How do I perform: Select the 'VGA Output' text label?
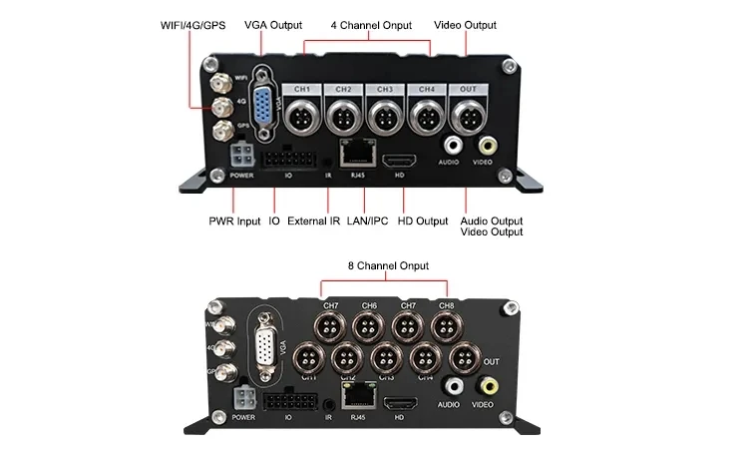[272, 25]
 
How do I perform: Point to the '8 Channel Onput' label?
[387, 266]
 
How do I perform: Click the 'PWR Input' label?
[234, 220]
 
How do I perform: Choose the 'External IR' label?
[313, 220]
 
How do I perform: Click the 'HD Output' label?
[423, 220]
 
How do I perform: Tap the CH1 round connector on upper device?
[303, 117]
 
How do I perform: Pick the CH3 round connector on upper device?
[384, 117]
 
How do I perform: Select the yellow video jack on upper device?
[483, 145]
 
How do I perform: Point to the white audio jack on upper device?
[451, 145]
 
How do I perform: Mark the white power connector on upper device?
[240, 157]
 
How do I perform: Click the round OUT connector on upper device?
[466, 117]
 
